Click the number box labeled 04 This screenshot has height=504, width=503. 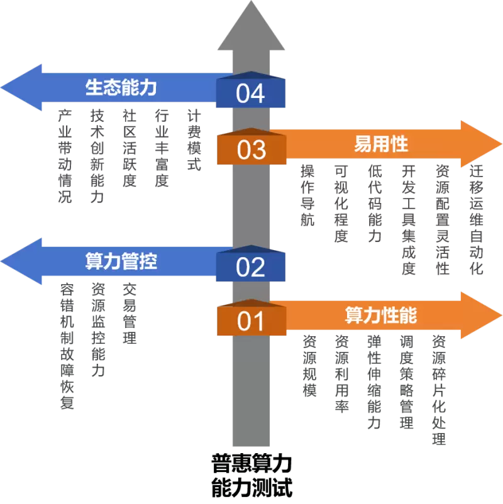[x=250, y=93]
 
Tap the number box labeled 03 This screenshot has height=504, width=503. [x=250, y=150]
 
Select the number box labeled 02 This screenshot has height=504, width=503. [x=250, y=266]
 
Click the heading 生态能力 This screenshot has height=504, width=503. [x=121, y=87]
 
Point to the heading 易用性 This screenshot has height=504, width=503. [x=381, y=144]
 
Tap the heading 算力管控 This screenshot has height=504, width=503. [x=121, y=261]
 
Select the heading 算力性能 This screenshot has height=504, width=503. [x=381, y=315]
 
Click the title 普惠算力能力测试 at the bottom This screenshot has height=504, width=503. [x=251, y=476]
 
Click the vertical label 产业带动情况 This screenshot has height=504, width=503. [x=65, y=156]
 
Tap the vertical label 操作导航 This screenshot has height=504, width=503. [x=307, y=195]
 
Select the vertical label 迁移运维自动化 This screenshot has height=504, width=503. [x=477, y=219]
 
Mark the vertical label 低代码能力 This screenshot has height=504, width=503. [x=375, y=204]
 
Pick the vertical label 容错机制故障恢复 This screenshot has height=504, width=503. [x=67, y=346]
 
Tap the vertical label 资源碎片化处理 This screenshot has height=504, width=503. [x=439, y=390]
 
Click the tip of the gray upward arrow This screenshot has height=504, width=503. [x=251, y=3]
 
